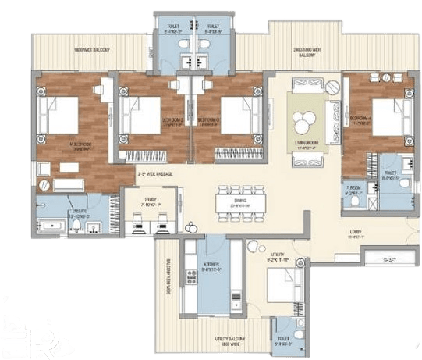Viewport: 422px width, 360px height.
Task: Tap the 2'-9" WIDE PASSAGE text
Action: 155,173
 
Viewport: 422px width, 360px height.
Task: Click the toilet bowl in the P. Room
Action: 355,202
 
